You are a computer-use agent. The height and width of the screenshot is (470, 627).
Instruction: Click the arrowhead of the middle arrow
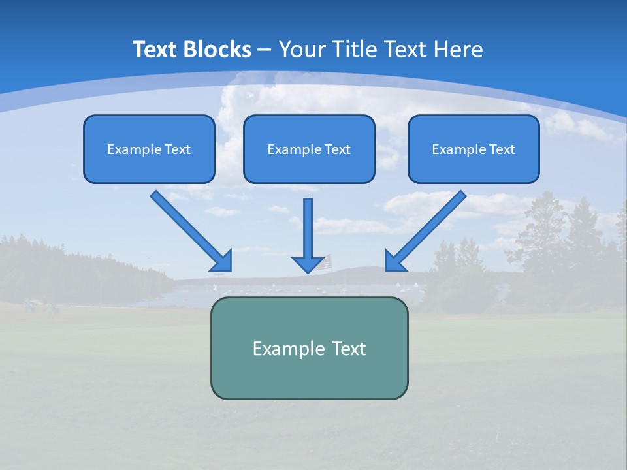click(x=308, y=264)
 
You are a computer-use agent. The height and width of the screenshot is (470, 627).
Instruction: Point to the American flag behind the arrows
click(x=327, y=259)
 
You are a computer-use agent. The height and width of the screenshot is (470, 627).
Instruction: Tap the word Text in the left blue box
click(x=177, y=149)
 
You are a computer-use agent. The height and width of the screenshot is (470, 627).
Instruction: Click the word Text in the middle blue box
click(x=337, y=149)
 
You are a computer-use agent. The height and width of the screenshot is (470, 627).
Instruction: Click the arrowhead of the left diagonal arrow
click(x=222, y=260)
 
